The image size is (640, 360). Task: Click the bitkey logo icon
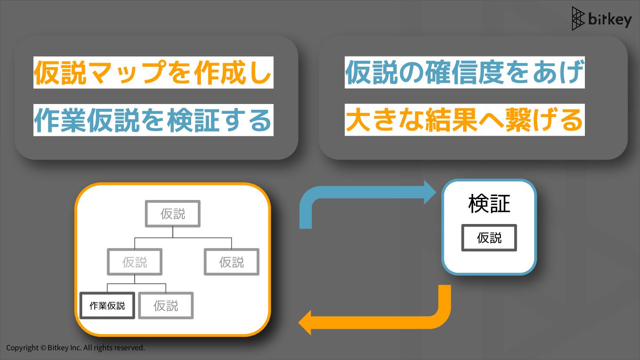[x=578, y=19]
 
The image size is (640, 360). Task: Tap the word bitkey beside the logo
[x=610, y=20]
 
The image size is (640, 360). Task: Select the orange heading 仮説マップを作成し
[x=153, y=72]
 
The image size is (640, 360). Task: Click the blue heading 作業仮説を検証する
[x=153, y=120]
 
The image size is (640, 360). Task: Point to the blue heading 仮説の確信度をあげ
[x=464, y=72]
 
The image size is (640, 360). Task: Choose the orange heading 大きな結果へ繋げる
[x=464, y=120]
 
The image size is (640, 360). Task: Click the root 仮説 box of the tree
[x=173, y=214]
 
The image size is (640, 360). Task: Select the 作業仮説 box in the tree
[x=107, y=305]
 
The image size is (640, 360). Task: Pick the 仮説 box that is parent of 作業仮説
[x=135, y=262]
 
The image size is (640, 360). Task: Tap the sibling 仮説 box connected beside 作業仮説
[x=166, y=305]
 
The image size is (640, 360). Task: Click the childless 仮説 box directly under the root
[x=232, y=262]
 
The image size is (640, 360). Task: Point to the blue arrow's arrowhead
[x=430, y=192]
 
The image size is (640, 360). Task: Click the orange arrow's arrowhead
[x=305, y=323]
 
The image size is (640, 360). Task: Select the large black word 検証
[x=489, y=204]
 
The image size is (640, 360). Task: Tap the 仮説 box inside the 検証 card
[x=489, y=238]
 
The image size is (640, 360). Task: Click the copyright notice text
[x=76, y=348]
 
